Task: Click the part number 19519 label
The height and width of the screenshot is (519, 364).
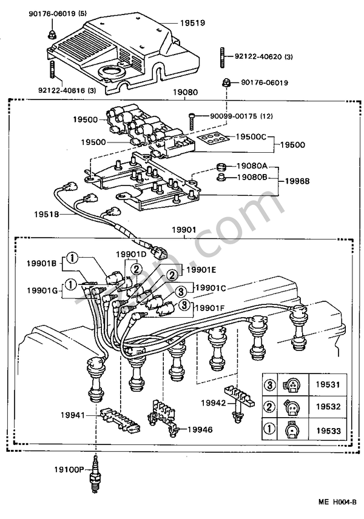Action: click(x=192, y=23)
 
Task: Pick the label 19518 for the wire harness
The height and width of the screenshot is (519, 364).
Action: click(x=47, y=213)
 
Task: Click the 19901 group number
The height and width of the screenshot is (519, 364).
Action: click(x=183, y=232)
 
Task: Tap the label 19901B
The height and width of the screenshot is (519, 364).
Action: click(x=41, y=263)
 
